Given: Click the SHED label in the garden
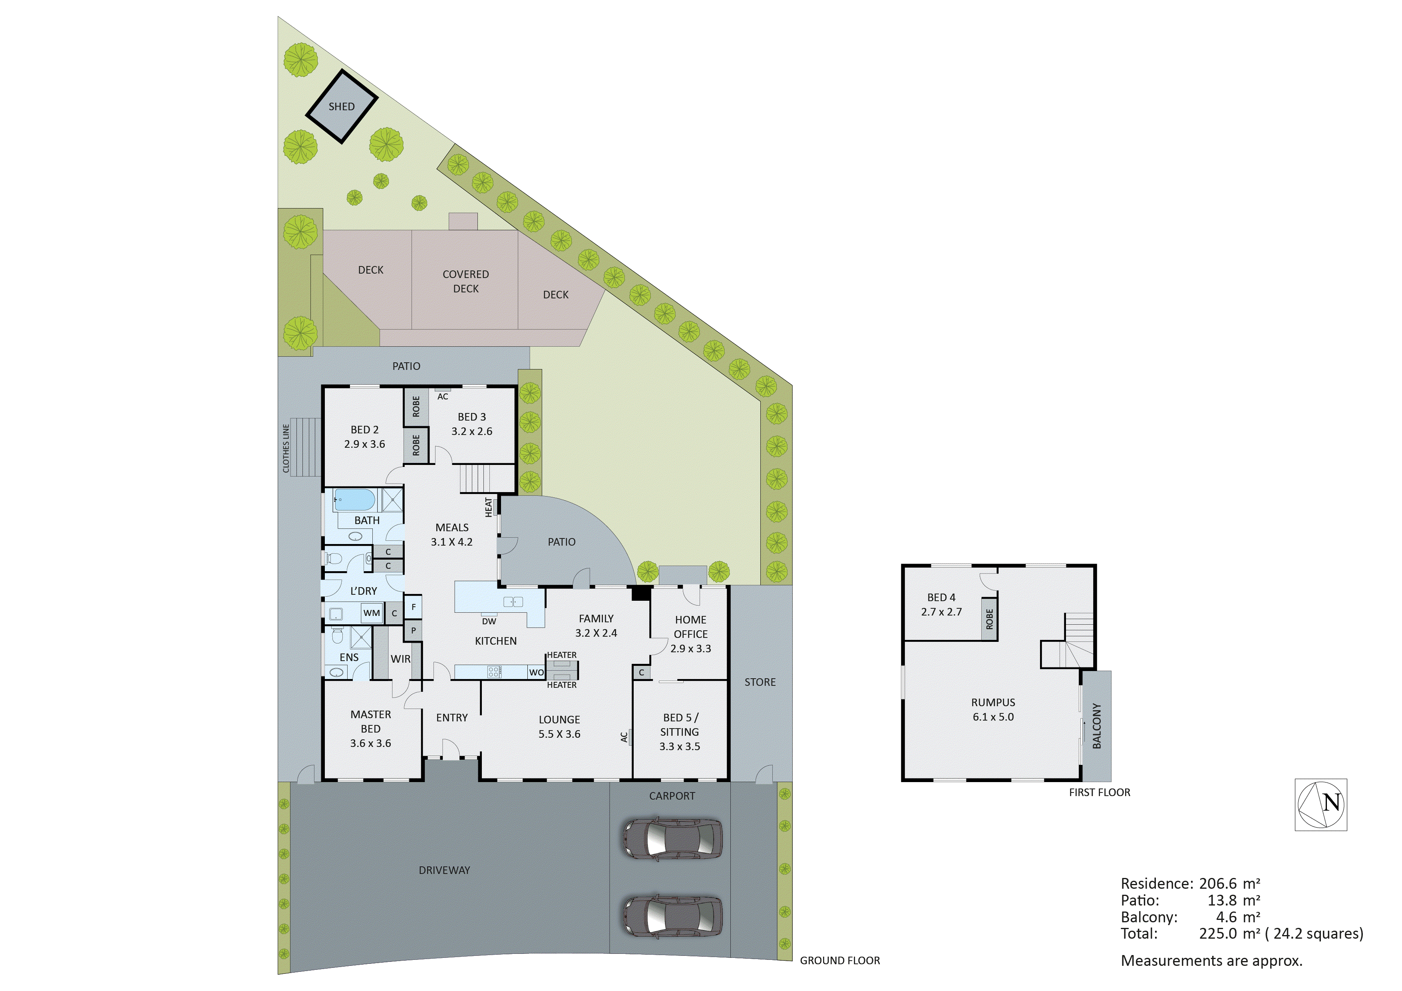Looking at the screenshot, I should [x=341, y=107].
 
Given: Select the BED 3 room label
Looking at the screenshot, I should [x=471, y=417].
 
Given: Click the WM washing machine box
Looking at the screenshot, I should [x=371, y=613].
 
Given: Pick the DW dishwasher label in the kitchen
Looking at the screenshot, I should [x=489, y=622].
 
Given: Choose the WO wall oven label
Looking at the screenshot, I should [x=536, y=672].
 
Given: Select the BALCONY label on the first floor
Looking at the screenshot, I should [x=1097, y=726].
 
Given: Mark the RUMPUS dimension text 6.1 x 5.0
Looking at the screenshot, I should [x=993, y=717].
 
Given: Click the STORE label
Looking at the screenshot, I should [x=760, y=682].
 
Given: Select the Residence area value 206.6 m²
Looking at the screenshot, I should [x=1229, y=884].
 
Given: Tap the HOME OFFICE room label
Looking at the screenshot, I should [x=691, y=627].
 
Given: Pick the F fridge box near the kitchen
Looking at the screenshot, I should [x=414, y=607].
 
